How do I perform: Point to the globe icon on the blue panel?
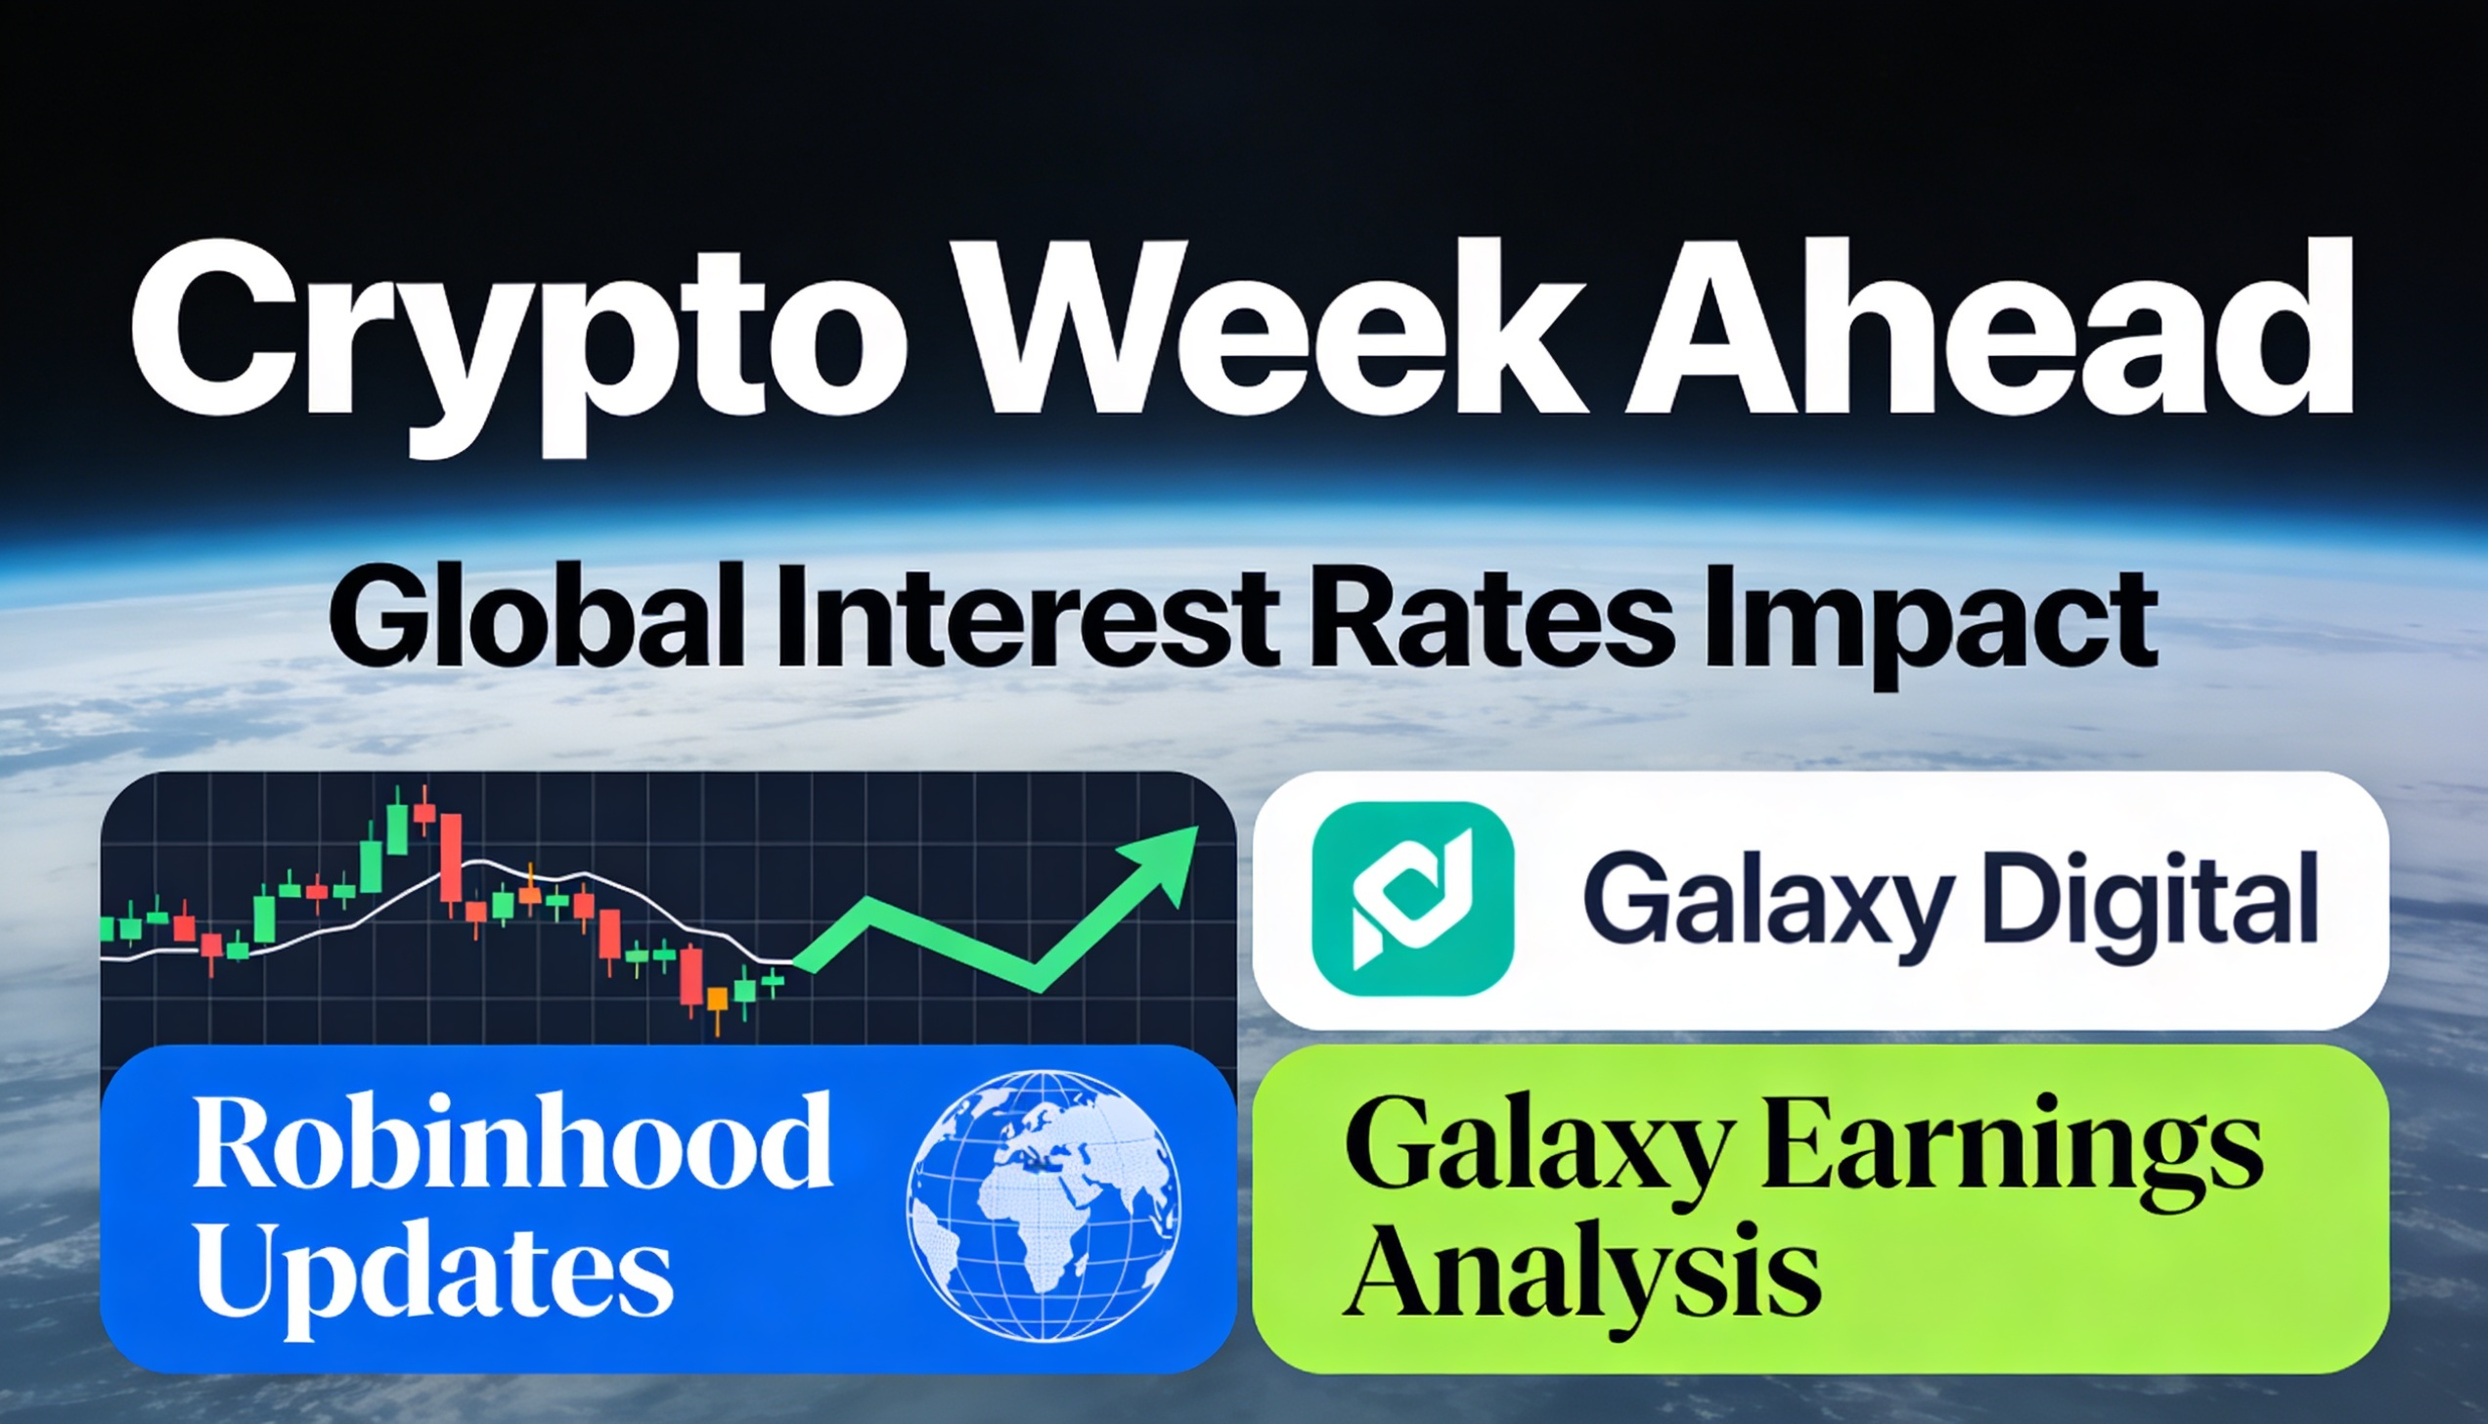tap(1043, 1204)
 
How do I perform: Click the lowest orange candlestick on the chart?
tap(718, 1001)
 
